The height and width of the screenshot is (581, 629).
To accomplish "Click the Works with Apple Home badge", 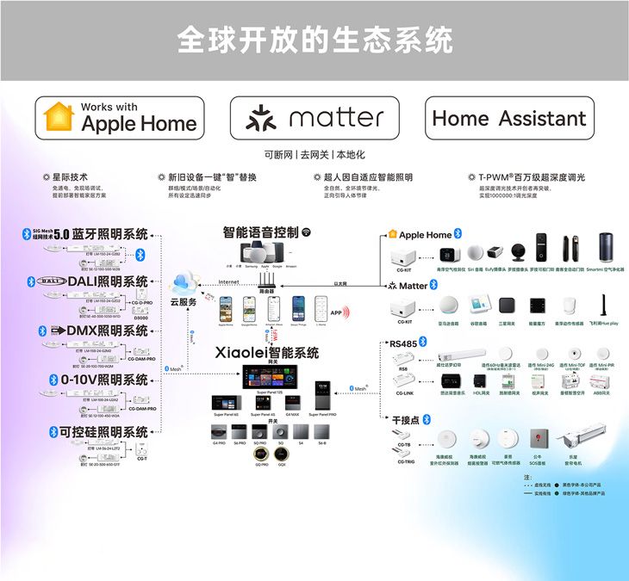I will (120, 118).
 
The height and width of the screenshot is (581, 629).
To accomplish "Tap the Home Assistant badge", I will (508, 118).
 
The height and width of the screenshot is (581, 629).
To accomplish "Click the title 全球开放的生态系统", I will (314, 38).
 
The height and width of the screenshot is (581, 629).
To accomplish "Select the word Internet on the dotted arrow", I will (228, 281).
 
